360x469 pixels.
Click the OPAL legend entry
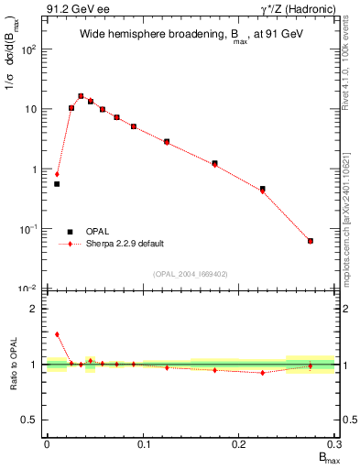(93, 232)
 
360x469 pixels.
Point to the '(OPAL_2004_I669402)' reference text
(191, 274)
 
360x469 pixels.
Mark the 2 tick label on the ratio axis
(35, 309)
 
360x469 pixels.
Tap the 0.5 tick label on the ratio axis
(32, 420)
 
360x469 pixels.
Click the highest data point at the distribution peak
(81, 95)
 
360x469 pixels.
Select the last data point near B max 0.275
(311, 241)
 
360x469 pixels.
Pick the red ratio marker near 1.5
(57, 334)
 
